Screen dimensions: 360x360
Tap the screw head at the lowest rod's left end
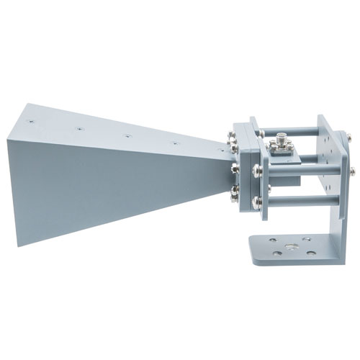pyautogui.click(x=256, y=202)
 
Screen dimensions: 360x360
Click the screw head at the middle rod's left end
pyautogui.click(x=257, y=171)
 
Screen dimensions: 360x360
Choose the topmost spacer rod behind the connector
pyautogui.click(x=295, y=132)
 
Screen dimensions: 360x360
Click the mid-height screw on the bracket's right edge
pyautogui.click(x=352, y=171)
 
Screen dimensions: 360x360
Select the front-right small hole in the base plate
pyautogui.click(x=311, y=253)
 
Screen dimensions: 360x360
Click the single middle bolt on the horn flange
pyautogui.click(x=235, y=170)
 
